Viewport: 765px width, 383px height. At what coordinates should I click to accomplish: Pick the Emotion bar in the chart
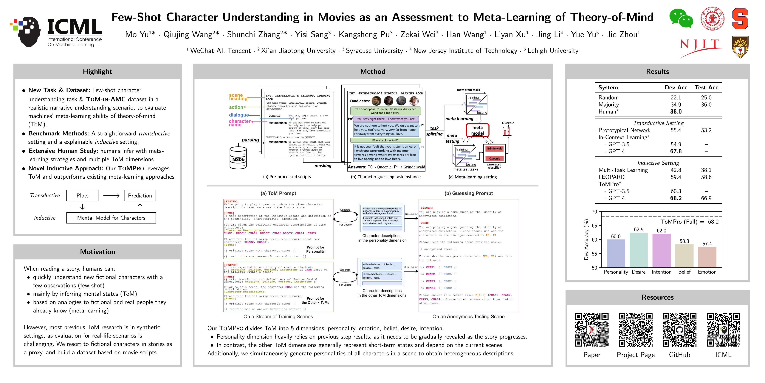click(707, 257)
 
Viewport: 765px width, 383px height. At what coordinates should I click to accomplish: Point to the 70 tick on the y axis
click(594, 212)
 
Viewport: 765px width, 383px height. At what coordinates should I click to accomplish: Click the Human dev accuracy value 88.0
click(676, 111)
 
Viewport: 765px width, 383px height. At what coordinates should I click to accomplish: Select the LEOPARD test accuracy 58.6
click(706, 177)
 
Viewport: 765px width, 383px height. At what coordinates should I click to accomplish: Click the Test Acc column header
click(706, 87)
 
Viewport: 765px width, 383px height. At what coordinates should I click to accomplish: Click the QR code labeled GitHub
click(679, 330)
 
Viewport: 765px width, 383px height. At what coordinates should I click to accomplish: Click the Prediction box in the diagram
click(140, 195)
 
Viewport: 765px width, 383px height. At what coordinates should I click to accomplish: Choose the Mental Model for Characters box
click(111, 218)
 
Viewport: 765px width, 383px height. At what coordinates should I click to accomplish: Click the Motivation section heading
click(97, 252)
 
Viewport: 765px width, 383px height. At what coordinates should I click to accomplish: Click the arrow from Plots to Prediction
click(111, 196)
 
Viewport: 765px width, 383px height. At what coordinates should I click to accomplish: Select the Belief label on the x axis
click(684, 272)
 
